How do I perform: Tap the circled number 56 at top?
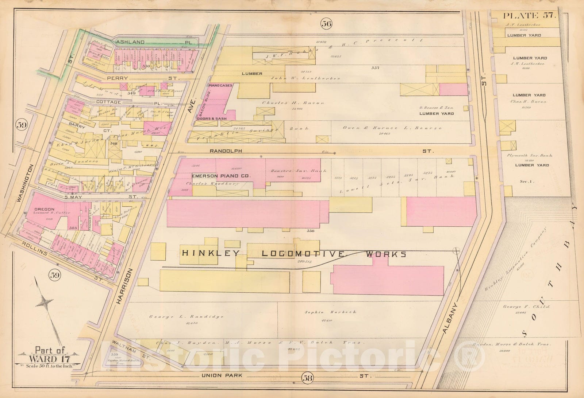326,24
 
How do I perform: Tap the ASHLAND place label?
131,42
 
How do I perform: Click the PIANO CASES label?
220,86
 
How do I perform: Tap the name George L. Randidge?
186,317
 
